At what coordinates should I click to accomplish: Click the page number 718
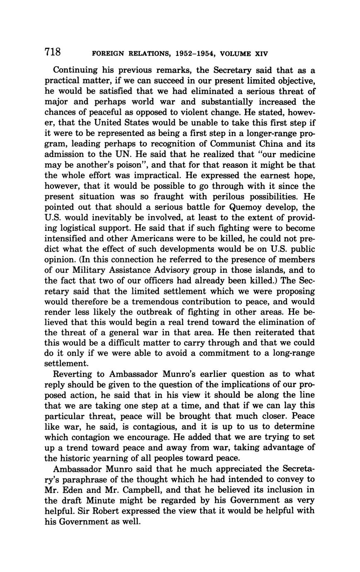[53, 52]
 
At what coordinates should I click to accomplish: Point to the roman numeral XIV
[261, 54]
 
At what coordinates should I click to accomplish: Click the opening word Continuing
[75, 70]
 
